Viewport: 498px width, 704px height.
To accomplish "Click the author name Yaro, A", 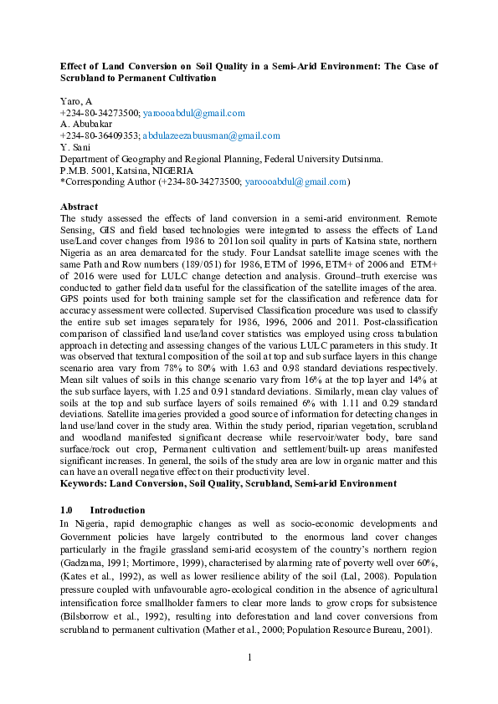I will pyautogui.click(x=76, y=101).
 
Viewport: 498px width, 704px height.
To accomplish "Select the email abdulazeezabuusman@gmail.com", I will pyautogui.click(x=211, y=135).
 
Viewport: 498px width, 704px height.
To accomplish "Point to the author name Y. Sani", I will pyautogui.click(x=75, y=147).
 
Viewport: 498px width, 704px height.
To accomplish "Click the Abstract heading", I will pyautogui.click(x=80, y=206).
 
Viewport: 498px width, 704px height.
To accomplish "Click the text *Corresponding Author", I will pyautogui.click(x=105, y=181).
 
